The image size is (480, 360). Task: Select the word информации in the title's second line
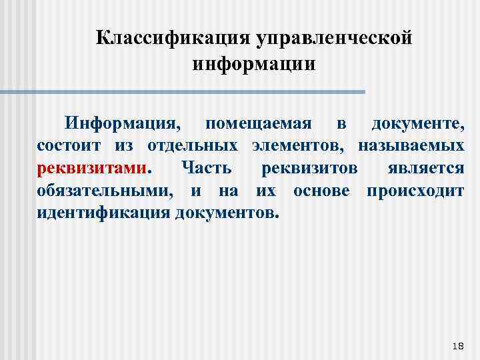pyautogui.click(x=253, y=65)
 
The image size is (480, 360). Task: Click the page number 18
pyautogui.click(x=458, y=344)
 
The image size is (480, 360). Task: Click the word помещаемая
pyautogui.click(x=259, y=123)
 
